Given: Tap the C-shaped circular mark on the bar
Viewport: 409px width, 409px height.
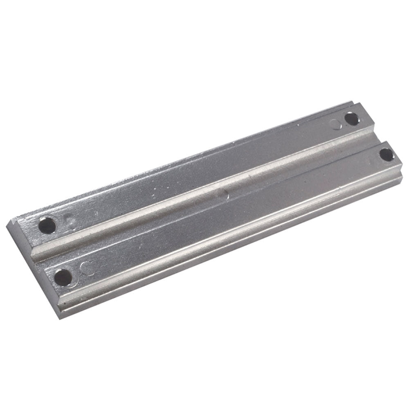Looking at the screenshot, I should pos(86,268).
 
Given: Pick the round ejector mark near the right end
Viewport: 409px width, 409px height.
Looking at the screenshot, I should pos(337,124).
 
